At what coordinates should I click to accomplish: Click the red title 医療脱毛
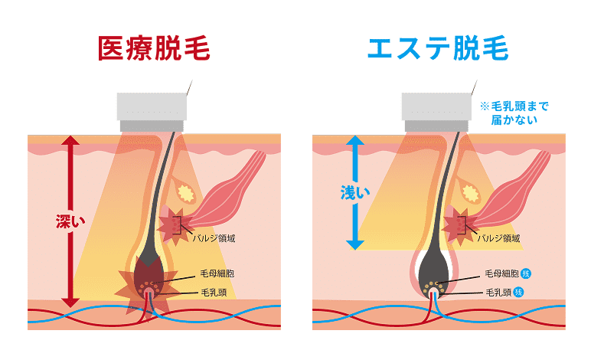coord(155,48)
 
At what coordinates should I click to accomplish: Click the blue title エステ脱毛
coord(438,48)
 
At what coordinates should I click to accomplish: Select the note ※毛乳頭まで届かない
coord(514,113)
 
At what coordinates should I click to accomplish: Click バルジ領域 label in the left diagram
coord(214,238)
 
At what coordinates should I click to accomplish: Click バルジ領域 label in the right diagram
coord(499,238)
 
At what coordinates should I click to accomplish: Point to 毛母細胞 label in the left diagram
coord(219,274)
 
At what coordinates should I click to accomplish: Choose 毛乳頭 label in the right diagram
coord(498,293)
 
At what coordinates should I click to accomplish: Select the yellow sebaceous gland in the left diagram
coord(185,187)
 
